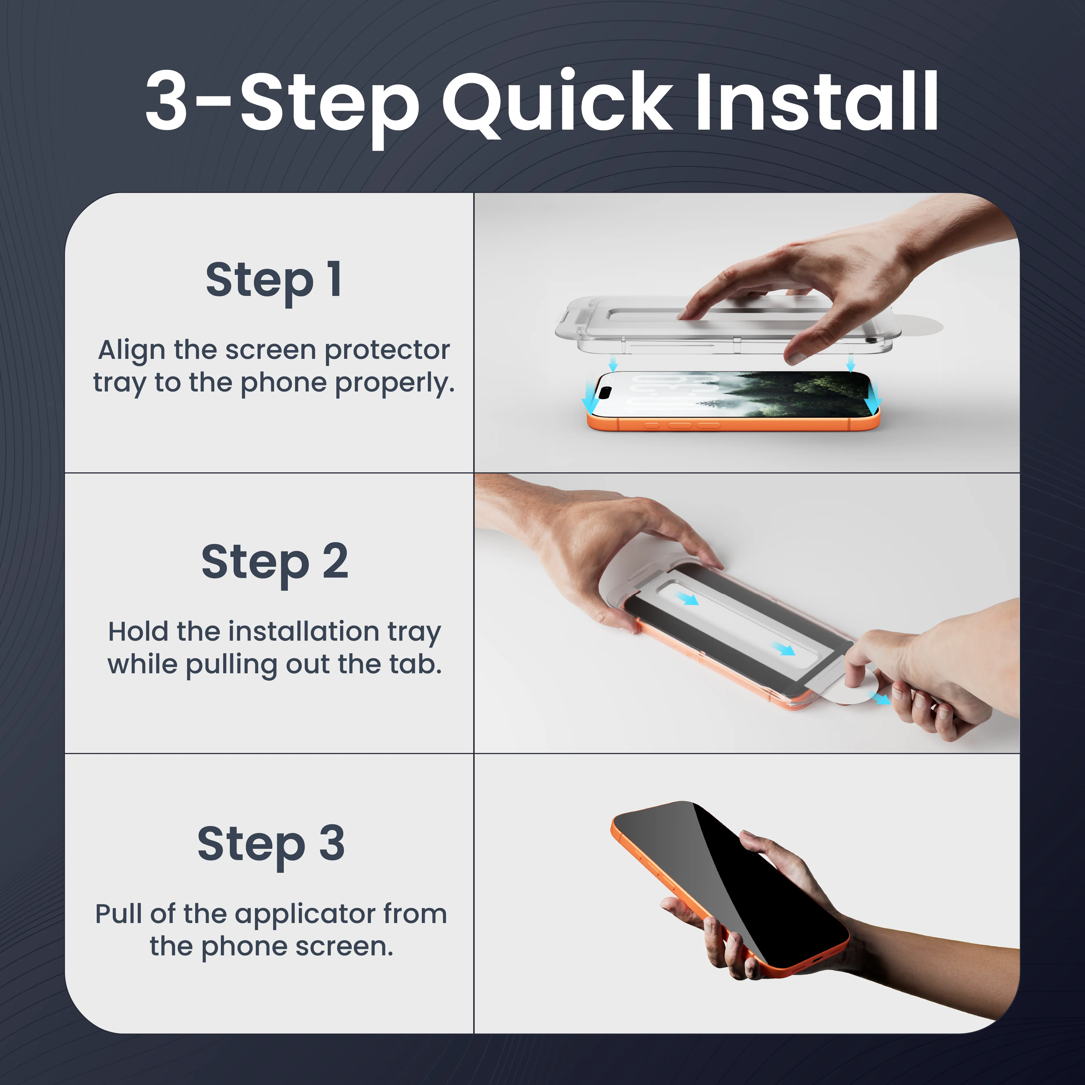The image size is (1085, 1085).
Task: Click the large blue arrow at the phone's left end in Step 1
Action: (589, 396)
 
